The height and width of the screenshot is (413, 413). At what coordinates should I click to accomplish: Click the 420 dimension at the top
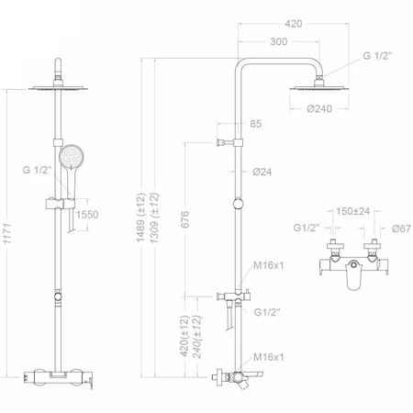tap(293, 24)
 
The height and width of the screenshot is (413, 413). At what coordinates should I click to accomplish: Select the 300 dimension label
tap(279, 41)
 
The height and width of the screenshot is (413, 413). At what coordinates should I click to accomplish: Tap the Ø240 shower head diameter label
tap(319, 108)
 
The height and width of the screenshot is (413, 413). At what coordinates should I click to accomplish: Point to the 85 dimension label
tap(256, 124)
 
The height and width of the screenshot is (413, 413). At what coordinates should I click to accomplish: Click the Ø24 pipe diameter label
tap(262, 172)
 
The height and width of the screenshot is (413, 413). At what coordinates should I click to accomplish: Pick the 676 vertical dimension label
tap(184, 219)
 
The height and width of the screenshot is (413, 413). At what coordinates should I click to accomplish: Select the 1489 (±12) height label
tap(140, 218)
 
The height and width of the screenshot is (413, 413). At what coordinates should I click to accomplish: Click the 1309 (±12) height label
tap(154, 218)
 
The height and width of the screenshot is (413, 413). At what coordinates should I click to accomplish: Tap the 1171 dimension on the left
tap(6, 234)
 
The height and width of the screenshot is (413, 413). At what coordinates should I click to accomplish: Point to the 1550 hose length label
tap(87, 215)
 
